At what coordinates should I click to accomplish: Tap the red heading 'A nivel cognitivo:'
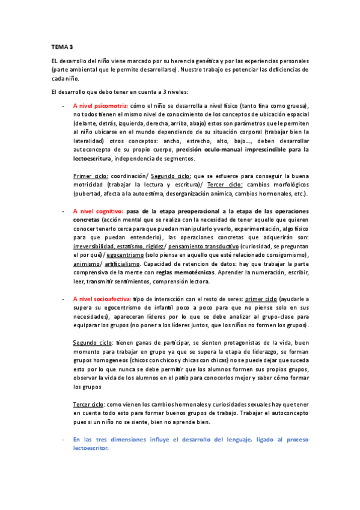coord(98,211)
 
